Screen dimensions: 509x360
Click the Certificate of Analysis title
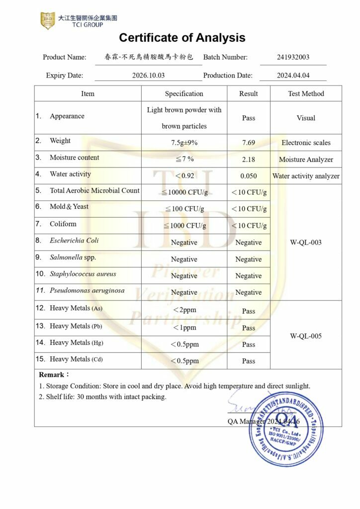pyautogui.click(x=182, y=38)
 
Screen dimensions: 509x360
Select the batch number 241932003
pyautogui.click(x=293, y=57)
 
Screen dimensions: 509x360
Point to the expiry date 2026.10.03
pyautogui.click(x=148, y=76)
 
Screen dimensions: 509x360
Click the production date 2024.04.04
pyautogui.click(x=293, y=76)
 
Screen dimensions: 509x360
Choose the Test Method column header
pyautogui.click(x=306, y=93)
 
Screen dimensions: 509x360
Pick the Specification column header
pyautogui.click(x=184, y=93)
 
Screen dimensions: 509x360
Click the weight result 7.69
pyautogui.click(x=249, y=143)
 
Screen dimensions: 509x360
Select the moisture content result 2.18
pyautogui.click(x=249, y=160)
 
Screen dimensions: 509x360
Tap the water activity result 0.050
pyautogui.click(x=249, y=176)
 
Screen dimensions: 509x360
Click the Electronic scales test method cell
pyautogui.click(x=306, y=143)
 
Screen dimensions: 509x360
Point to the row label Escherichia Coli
pyautogui.click(x=74, y=241)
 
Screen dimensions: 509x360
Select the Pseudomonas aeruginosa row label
pyautogui.click(x=87, y=290)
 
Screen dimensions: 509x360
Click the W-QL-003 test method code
pyautogui.click(x=306, y=243)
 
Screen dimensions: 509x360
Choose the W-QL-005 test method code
pyautogui.click(x=306, y=336)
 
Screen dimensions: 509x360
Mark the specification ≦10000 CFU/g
pyautogui.click(x=184, y=192)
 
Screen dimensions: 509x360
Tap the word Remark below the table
pyautogui.click(x=52, y=374)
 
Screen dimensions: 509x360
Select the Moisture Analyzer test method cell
pyautogui.click(x=306, y=160)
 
